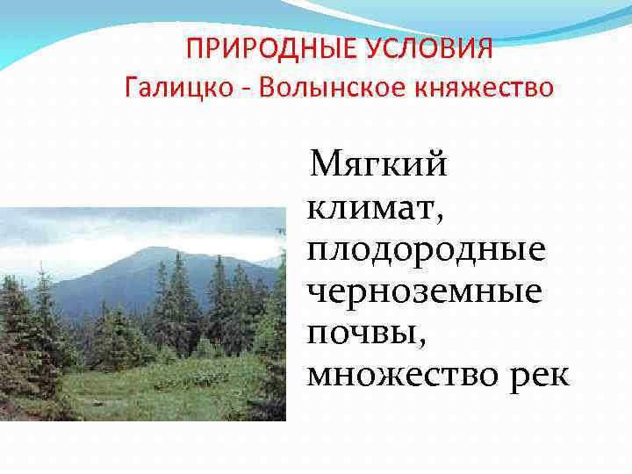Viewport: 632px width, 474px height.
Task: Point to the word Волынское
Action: [x=322, y=90]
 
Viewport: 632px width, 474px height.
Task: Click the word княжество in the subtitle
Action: [x=484, y=90]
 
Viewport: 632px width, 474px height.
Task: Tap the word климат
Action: [x=370, y=208]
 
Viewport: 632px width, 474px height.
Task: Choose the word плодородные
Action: [x=426, y=249]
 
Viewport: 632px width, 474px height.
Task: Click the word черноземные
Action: [x=424, y=291]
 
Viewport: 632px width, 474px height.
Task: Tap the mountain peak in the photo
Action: [x=154, y=252]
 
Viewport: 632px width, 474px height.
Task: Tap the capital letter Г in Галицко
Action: [x=133, y=89]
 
